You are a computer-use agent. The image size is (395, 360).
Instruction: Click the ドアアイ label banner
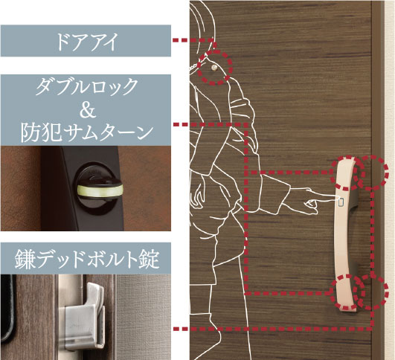86,41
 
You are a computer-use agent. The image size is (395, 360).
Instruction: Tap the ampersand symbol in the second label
88,109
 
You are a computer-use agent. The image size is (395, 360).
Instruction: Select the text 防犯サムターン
87,132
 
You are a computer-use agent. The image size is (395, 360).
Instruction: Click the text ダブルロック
87,87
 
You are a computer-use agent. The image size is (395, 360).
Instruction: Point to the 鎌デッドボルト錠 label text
87,259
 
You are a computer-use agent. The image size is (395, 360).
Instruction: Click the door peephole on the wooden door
214,68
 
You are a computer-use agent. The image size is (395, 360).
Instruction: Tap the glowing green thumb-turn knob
100,190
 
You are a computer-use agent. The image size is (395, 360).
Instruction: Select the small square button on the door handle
341,202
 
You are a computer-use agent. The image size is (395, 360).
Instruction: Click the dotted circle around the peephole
215,67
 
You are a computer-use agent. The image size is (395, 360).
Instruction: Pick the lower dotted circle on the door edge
371,292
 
